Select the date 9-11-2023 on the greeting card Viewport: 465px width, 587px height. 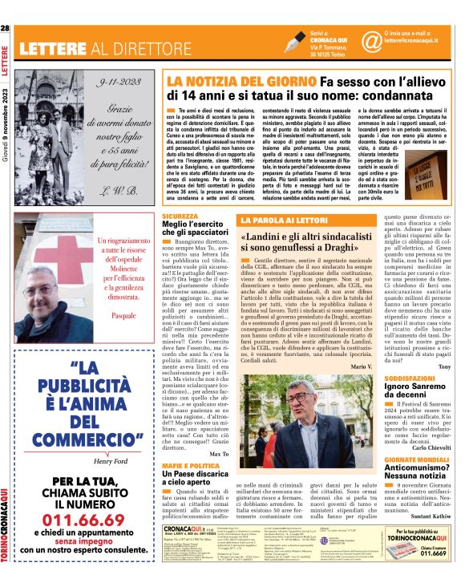click(x=119, y=83)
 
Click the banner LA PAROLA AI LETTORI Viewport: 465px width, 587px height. click(x=277, y=220)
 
